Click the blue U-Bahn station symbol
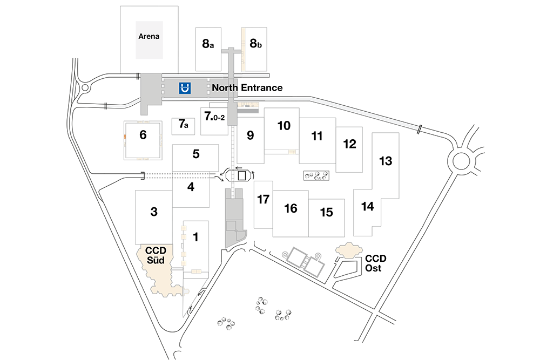tap(185, 88)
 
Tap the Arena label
tap(149, 36)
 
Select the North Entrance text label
tap(247, 88)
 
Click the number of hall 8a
tap(208, 44)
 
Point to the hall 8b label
tap(255, 43)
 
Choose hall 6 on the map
tap(143, 134)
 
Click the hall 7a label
tap(183, 124)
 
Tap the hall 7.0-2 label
tap(214, 116)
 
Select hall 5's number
tap(196, 154)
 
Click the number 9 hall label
tap(251, 135)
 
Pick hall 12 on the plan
tap(349, 144)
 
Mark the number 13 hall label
tap(386, 161)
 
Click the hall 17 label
tap(263, 199)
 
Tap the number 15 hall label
tap(327, 212)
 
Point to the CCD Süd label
tap(156, 255)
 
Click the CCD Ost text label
tap(376, 263)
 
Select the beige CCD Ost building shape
tap(349, 250)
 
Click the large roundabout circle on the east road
tap(461, 161)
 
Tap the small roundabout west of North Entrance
tap(85, 88)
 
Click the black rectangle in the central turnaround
tap(242, 175)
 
